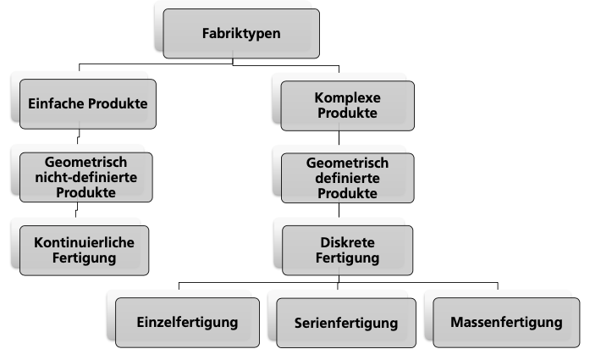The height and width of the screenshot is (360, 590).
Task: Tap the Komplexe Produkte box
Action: (347, 104)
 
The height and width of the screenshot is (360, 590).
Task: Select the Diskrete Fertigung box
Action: (347, 249)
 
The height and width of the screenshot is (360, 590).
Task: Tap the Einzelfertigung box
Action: (186, 322)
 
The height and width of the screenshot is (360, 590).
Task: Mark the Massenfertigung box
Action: (506, 322)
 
